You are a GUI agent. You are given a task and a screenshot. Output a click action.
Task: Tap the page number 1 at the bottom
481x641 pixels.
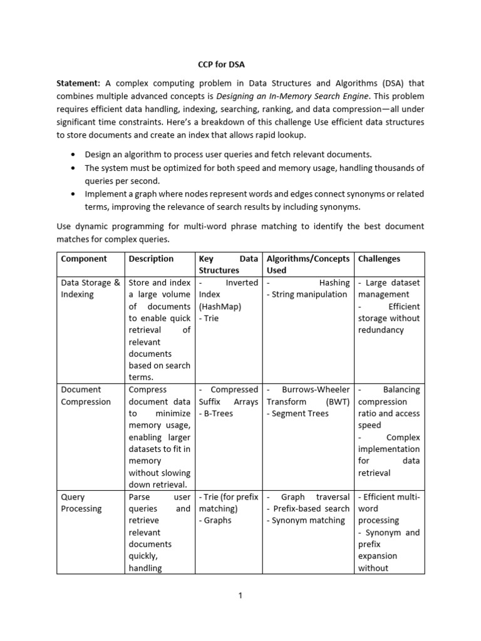(240, 595)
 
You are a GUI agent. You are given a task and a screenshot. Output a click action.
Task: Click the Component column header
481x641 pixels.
(84, 259)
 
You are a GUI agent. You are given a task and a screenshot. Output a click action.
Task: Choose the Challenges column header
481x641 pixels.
(379, 259)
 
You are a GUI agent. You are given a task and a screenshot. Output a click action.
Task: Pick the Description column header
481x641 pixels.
(151, 259)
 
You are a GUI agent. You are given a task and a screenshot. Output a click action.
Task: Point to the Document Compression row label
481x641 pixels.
(86, 396)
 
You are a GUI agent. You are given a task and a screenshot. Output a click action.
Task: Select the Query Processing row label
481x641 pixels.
(81, 503)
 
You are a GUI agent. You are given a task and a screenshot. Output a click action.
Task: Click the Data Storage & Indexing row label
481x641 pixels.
(90, 289)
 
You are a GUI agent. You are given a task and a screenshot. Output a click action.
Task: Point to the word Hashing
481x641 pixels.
(334, 283)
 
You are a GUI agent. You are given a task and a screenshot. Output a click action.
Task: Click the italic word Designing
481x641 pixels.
(235, 96)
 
